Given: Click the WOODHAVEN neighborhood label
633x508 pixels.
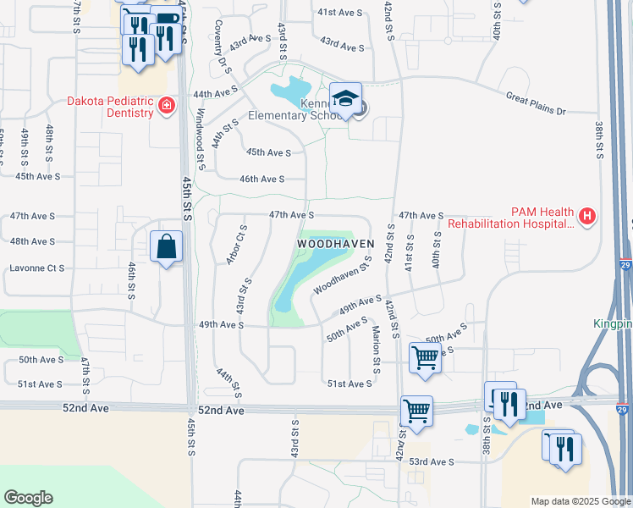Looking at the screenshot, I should pos(335,243).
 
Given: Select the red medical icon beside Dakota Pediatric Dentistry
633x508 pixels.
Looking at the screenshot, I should pos(167,106).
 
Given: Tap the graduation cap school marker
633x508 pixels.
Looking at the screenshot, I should pos(345,99).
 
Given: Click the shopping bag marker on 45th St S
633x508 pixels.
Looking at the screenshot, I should pos(167,248).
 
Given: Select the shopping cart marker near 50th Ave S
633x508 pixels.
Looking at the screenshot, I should pos(425,356).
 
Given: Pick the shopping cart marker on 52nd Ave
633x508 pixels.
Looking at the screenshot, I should pos(416,411).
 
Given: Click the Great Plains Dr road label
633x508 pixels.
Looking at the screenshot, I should pos(535,103).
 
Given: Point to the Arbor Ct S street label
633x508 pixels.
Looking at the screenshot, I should pos(237,245).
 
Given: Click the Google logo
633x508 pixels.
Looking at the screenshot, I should pos(28,497).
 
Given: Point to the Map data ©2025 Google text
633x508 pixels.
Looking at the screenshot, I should pos(580,501).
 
